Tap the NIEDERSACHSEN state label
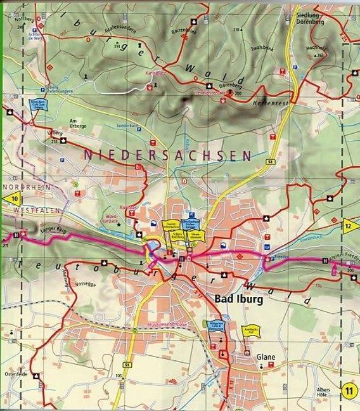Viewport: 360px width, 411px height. point(167,155)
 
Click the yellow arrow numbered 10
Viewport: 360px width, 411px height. point(14,199)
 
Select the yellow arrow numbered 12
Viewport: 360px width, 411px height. point(350,225)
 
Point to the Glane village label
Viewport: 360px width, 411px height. point(266,357)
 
